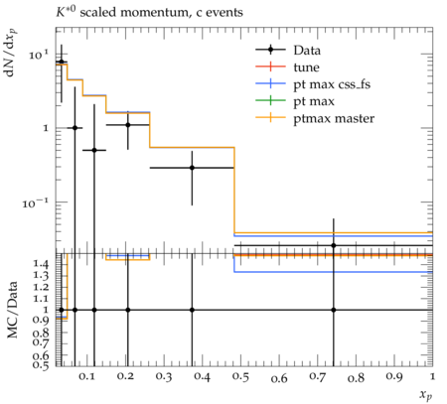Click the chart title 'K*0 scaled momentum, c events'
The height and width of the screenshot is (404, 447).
pos(149,12)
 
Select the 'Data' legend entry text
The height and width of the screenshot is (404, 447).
pos(307,51)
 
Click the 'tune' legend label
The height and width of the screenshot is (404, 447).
pos(306,67)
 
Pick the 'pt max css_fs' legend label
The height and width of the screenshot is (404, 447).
pos(332,84)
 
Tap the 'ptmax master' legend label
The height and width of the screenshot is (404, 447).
pos(334,119)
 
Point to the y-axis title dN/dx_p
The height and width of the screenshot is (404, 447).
pos(11,53)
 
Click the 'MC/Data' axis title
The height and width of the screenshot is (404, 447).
pos(12,310)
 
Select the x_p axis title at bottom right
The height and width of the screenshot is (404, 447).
pos(426,395)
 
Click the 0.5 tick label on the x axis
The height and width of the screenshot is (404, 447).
pos(240,377)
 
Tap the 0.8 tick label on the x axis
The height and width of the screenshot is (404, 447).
pos(356,377)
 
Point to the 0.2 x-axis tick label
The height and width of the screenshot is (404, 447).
pos(125,377)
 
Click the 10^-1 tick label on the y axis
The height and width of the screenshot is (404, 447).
pos(36,202)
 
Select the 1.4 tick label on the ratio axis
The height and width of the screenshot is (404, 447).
pos(41,264)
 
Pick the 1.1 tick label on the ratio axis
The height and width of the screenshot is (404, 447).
pos(41,299)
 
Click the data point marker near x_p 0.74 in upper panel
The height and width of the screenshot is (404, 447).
pos(334,245)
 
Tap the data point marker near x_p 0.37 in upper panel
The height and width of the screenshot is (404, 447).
pos(192,168)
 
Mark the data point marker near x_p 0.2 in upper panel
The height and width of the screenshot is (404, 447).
pos(128,125)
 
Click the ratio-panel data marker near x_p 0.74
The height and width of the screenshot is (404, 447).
pos(334,310)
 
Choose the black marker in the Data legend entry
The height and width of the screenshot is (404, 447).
pos(270,50)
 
